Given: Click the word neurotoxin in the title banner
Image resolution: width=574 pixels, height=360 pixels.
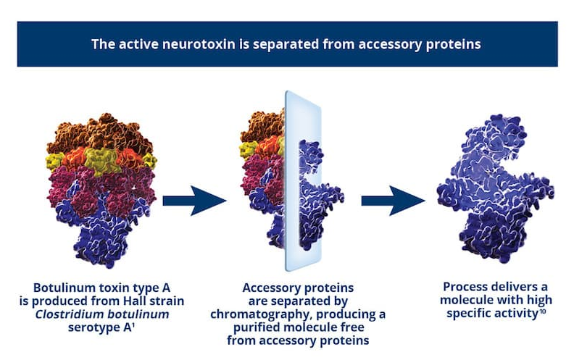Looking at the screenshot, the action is (199, 44).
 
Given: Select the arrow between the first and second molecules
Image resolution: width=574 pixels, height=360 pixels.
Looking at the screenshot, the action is (194, 201).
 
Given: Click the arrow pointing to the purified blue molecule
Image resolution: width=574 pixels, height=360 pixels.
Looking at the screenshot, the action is (393, 201).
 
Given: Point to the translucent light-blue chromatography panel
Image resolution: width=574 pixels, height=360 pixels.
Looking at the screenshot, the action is (303, 181).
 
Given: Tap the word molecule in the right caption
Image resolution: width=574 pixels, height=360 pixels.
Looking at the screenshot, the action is (462, 300).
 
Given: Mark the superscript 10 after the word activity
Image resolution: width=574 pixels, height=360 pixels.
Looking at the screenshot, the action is (543, 310).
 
